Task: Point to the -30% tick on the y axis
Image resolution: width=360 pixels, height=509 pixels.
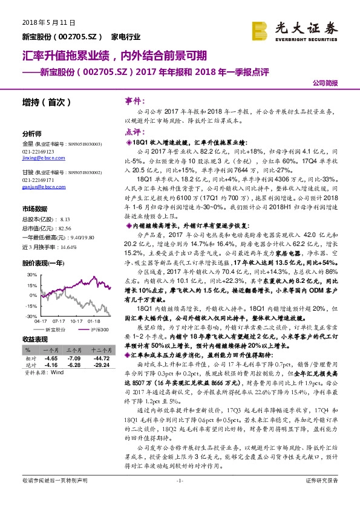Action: pos(27,316)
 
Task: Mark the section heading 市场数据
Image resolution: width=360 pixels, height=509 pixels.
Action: pos(34,208)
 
